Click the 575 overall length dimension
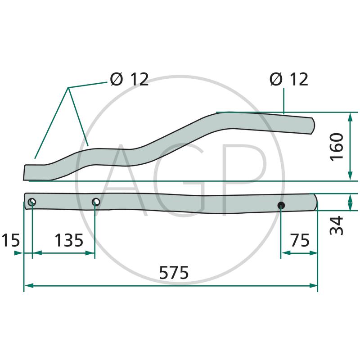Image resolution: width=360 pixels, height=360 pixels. coord(174,273)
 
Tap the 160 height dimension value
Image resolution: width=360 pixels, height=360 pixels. coord(337,147)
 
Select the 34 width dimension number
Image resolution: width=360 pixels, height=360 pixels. coord(337,225)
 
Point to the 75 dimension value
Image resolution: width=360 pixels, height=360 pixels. coord(300,240)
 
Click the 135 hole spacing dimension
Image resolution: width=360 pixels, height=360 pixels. coord(69,240)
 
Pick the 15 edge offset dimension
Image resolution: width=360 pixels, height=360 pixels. coord(10,240)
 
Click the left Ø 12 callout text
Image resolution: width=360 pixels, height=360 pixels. coord(129,80)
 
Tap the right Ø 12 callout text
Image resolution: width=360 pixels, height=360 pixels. coord(289,80)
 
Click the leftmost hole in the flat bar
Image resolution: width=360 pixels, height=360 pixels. coord(32,202)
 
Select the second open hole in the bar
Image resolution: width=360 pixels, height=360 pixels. coord(96,202)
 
